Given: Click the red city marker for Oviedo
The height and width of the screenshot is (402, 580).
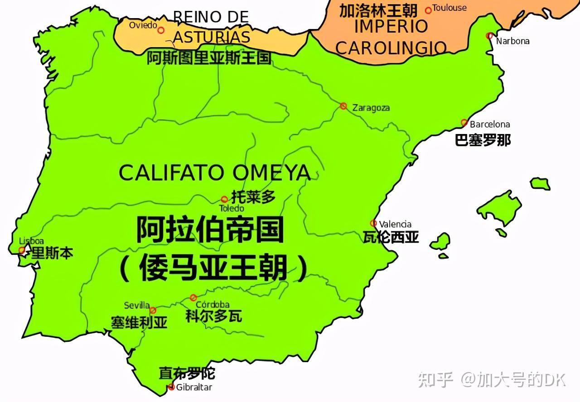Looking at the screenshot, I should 161,30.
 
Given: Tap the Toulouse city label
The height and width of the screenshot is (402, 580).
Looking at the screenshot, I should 449,8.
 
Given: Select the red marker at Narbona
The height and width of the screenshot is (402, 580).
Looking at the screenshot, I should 489,36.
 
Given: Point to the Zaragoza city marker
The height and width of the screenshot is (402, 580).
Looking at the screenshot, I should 343,106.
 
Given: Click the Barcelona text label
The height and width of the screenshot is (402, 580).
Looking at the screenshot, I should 489,124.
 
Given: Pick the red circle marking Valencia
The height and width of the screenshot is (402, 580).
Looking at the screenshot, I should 373,223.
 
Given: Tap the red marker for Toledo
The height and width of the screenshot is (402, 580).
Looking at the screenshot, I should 224,199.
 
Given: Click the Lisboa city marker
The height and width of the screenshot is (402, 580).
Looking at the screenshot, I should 22,250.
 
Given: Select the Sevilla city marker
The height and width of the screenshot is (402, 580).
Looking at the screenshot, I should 153,311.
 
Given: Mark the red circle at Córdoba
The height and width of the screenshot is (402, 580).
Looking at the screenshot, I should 193,297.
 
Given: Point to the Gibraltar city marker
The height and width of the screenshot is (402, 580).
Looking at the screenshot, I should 171,387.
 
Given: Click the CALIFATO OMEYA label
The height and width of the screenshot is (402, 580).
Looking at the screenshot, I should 214,173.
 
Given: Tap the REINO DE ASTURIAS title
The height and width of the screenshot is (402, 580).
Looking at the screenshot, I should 211,27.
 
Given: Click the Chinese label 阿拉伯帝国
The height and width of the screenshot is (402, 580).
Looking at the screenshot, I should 210,230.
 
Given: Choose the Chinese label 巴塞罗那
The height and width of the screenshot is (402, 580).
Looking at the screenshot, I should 483,140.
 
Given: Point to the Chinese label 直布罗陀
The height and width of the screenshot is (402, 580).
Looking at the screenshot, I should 187,373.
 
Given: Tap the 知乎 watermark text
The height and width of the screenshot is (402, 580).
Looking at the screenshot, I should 435,379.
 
